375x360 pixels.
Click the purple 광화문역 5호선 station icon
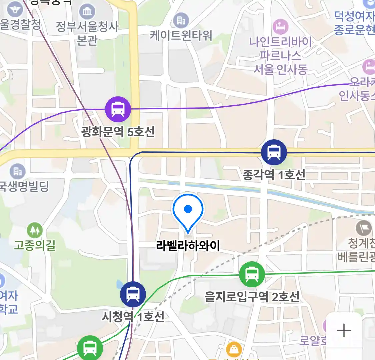click(x=118, y=109)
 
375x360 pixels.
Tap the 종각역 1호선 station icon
click(x=274, y=152)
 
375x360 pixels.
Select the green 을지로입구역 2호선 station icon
click(x=252, y=274)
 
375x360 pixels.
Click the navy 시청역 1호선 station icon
click(x=133, y=294)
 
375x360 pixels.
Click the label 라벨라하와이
click(x=188, y=246)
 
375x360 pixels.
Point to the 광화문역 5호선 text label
click(x=118, y=132)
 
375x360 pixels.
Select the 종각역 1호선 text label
click(x=274, y=175)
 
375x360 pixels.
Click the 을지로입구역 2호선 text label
click(x=252, y=297)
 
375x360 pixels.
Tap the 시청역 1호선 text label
click(x=133, y=316)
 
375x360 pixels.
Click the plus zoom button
click(x=344, y=331)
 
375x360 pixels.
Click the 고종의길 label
click(x=35, y=246)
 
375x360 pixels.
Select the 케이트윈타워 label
click(x=181, y=35)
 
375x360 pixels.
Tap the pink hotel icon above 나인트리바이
click(x=280, y=26)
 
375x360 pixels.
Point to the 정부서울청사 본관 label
click(x=87, y=33)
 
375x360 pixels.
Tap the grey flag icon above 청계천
click(x=363, y=228)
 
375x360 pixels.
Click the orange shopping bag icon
click(x=234, y=349)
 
